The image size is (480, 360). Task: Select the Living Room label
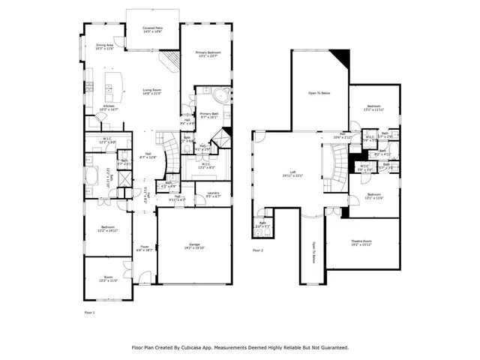(152, 91)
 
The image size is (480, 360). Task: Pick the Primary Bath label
(208, 115)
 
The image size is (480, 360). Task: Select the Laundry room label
(212, 194)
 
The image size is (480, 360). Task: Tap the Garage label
(194, 245)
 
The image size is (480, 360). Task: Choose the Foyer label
(144, 248)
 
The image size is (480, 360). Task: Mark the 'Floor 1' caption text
(89, 311)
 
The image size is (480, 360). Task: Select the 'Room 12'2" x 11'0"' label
(108, 280)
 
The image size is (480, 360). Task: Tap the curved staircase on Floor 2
(335, 161)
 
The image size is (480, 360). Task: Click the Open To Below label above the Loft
(319, 94)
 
